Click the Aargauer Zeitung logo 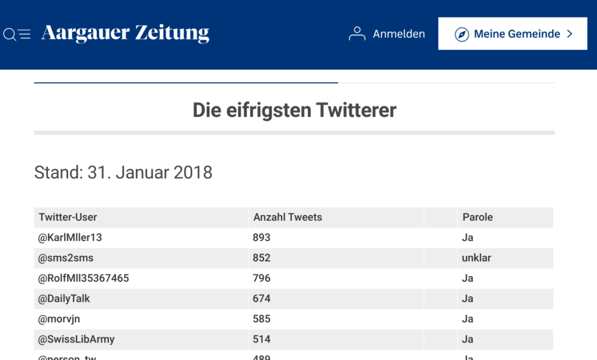coord(125,34)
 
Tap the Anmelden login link coord(387,34)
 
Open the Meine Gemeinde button coord(513,34)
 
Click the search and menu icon coord(17,34)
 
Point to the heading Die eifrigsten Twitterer coord(294,110)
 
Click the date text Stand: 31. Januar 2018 coord(124,172)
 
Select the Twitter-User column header coord(68,217)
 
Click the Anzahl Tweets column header coord(287,217)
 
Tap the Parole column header coord(477,217)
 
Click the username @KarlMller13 coord(70,238)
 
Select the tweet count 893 coord(262,238)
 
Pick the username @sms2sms coord(66,258)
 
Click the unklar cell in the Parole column coord(476,258)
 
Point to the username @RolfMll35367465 coord(84,278)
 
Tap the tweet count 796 coord(262,278)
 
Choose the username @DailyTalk coord(64,299)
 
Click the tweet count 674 coord(262,299)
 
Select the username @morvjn coord(60,319)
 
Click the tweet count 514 coord(262,340)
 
